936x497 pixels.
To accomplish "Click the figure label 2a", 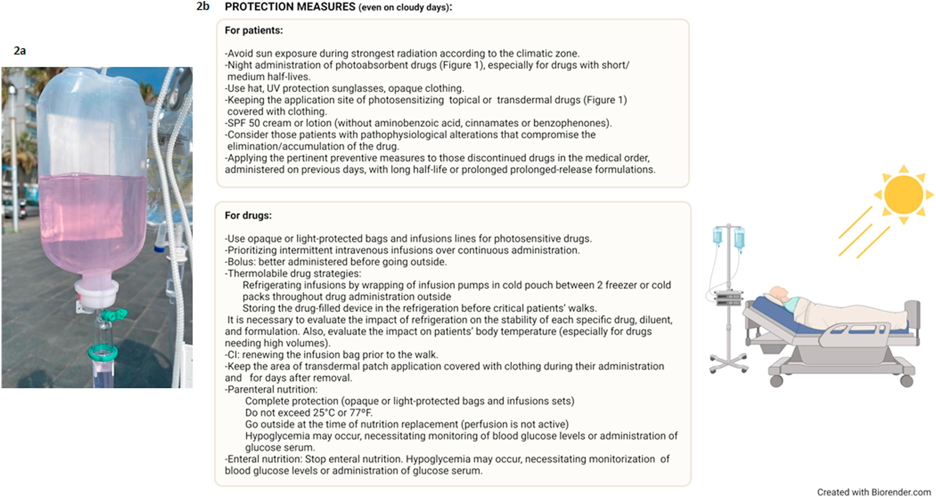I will coord(20,51).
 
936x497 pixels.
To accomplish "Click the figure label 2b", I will coord(203,6).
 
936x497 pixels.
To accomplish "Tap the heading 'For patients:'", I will coord(254,31).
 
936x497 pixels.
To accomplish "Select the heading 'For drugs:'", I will coord(248,216).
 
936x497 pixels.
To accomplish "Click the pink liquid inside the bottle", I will coord(93,218).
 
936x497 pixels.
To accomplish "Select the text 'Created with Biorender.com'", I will coord(874,492).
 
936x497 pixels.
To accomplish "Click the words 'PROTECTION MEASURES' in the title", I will coord(290,7).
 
